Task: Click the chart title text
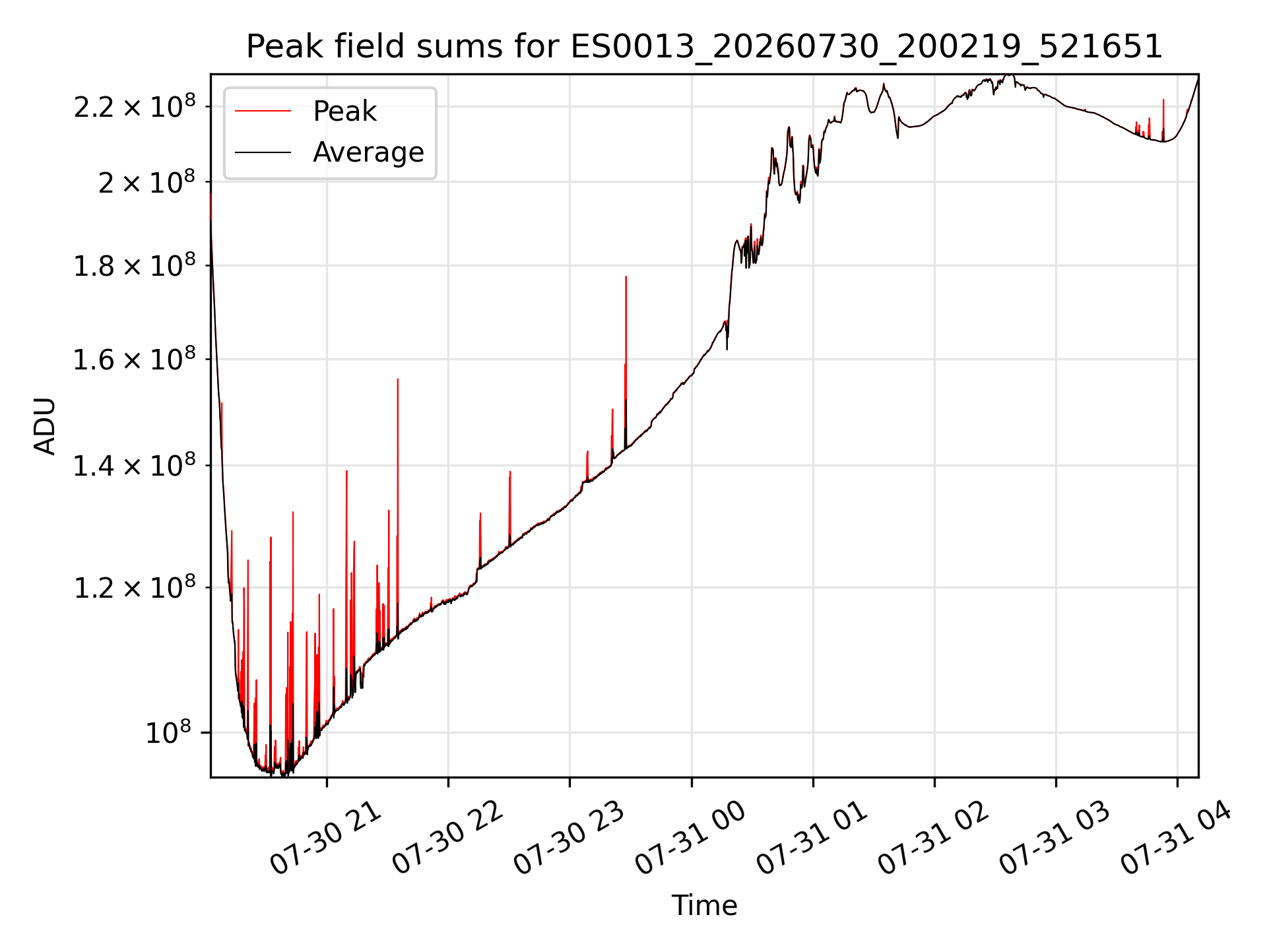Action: coord(704,47)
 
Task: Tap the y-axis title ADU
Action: coord(45,426)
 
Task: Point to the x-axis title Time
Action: coord(704,905)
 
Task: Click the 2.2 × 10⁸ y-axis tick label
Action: coord(135,107)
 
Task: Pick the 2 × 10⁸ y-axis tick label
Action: coord(147,182)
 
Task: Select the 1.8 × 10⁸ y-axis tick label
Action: coord(135,266)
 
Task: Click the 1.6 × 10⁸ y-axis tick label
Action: coord(135,360)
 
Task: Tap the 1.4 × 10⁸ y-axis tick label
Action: coord(135,466)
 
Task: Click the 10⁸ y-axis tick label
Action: coord(168,732)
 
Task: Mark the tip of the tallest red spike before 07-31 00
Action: coord(626,276)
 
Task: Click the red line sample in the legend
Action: coord(263,111)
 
